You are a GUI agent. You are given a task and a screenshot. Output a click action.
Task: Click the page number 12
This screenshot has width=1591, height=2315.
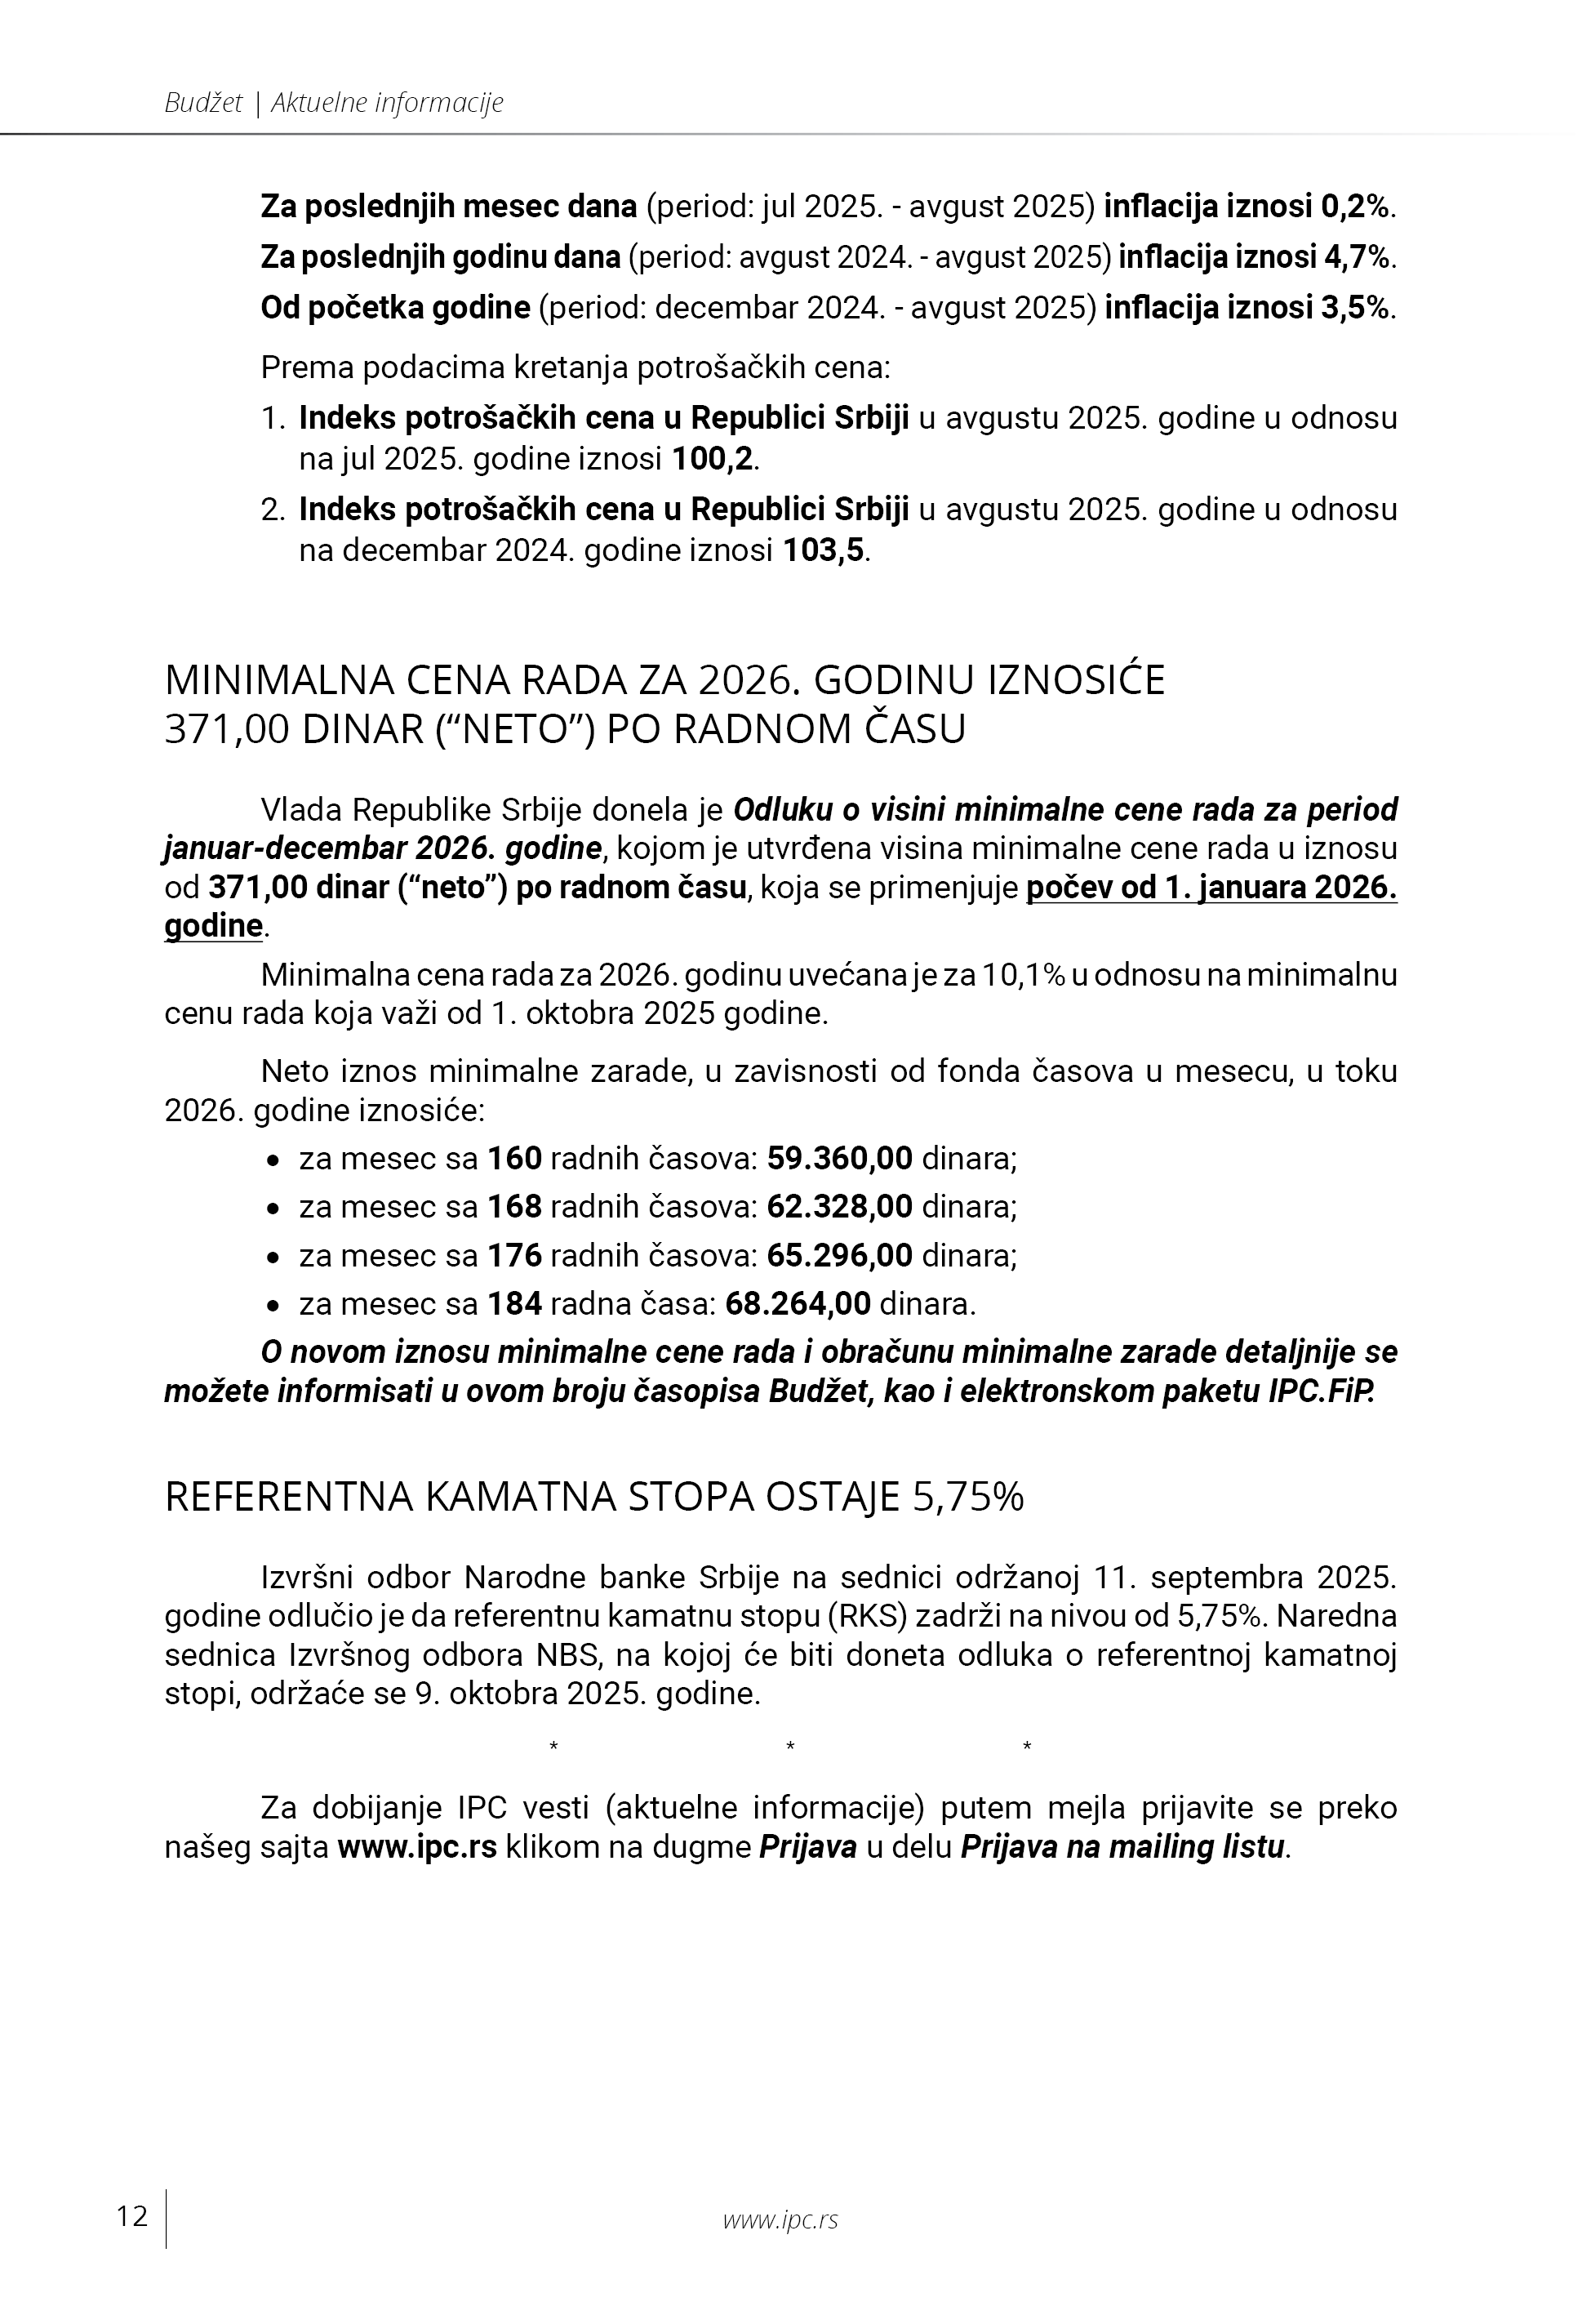131,2216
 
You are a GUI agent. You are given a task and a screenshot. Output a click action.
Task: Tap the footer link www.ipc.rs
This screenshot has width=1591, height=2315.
780,2219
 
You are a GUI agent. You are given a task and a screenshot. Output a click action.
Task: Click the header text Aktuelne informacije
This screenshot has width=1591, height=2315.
388,102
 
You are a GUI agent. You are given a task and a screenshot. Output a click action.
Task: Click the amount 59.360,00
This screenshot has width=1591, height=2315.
839,1159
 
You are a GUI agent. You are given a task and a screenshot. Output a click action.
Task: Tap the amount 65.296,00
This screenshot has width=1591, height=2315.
839,1254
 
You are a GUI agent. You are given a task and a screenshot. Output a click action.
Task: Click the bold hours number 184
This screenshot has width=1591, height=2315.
514,1303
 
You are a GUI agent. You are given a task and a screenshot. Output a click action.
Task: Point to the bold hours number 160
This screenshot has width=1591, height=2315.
514,1159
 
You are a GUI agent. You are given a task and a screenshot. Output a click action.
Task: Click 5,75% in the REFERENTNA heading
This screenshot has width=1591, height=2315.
968,1498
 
